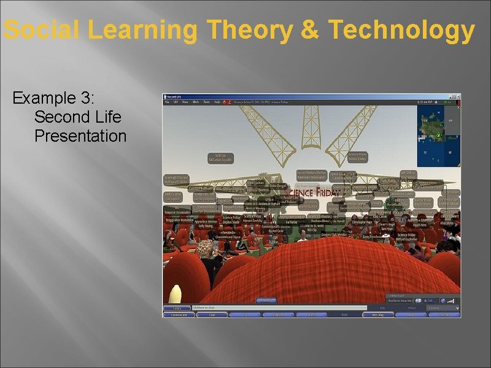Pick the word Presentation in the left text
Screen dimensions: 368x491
80,136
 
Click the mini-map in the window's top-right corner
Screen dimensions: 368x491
438,136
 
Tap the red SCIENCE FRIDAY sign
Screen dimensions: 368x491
311,193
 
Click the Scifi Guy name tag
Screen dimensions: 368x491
220,158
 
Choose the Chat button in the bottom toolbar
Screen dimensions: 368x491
212,315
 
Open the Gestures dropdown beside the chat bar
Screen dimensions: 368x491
437,307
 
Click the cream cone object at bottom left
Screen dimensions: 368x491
176,294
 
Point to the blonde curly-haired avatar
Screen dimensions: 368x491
206,250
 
